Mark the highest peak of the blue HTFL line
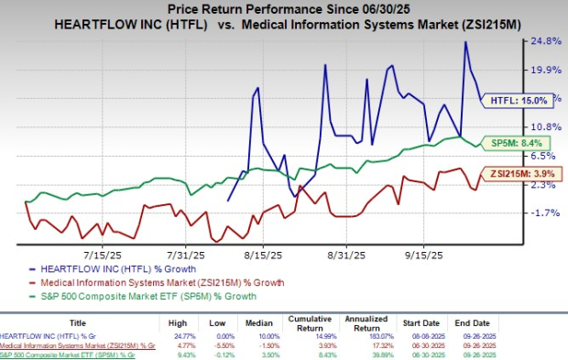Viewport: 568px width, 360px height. point(465,42)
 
